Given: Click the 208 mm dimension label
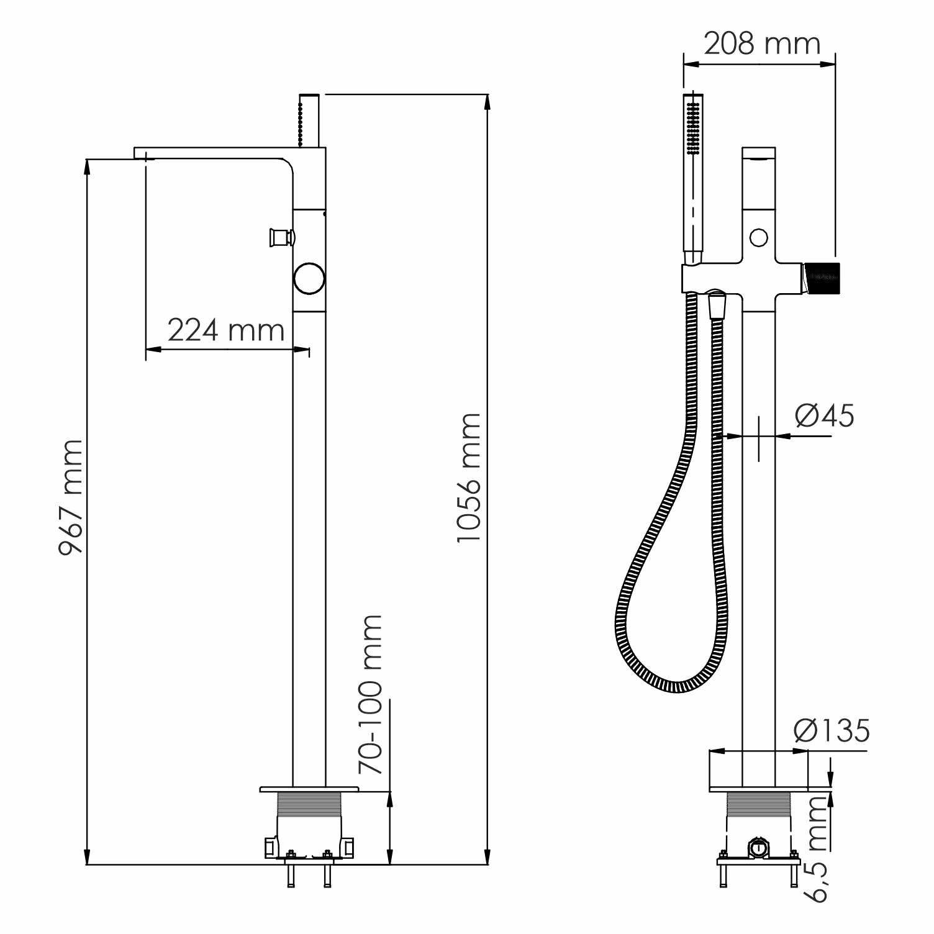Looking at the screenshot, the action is (762, 43).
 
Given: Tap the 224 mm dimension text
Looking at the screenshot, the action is (226, 330).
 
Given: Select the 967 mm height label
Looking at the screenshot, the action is (70, 497).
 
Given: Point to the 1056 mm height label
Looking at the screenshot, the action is (468, 477).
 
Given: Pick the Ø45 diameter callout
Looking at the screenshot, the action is (825, 415).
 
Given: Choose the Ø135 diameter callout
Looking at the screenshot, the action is (832, 730).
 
